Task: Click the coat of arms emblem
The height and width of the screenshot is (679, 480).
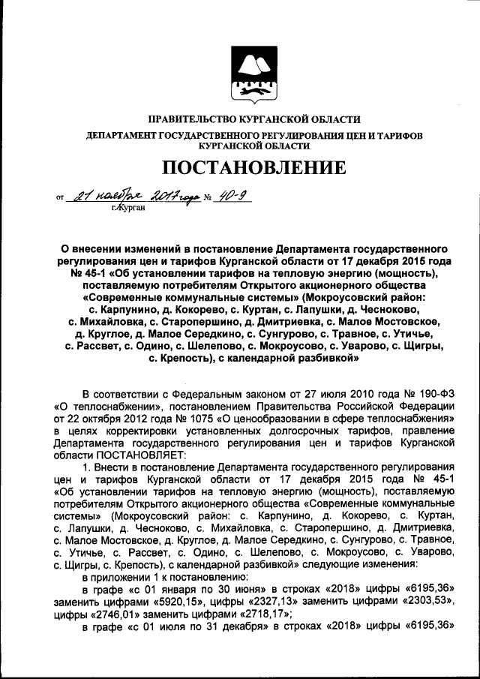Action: (253, 74)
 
